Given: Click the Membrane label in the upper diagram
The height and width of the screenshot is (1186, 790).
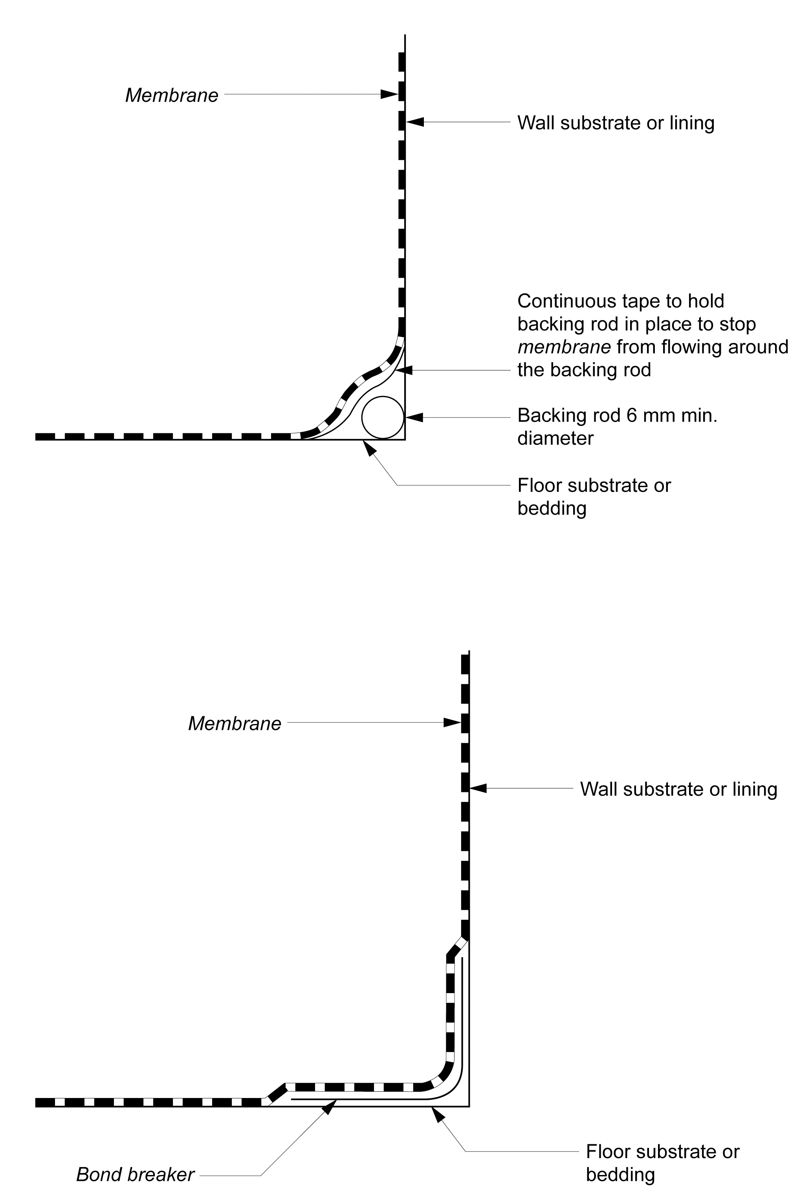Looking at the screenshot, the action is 172,95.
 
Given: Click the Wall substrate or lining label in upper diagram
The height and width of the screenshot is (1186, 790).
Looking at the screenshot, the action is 616,123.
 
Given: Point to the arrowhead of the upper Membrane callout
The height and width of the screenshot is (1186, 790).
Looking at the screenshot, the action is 389,94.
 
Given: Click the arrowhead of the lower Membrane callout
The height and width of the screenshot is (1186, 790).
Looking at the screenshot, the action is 452,722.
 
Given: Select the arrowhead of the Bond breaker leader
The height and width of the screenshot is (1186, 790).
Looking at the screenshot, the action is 330,1101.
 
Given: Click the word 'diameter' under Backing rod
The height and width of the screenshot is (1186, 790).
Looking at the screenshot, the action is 555,438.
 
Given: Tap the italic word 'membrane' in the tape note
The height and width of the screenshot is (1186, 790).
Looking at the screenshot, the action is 564,347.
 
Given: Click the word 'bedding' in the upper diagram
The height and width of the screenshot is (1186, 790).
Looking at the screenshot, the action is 552,508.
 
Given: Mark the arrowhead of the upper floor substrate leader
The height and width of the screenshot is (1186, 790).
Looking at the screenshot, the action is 370,448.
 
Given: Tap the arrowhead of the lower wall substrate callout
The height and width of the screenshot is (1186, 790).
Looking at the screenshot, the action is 478,788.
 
